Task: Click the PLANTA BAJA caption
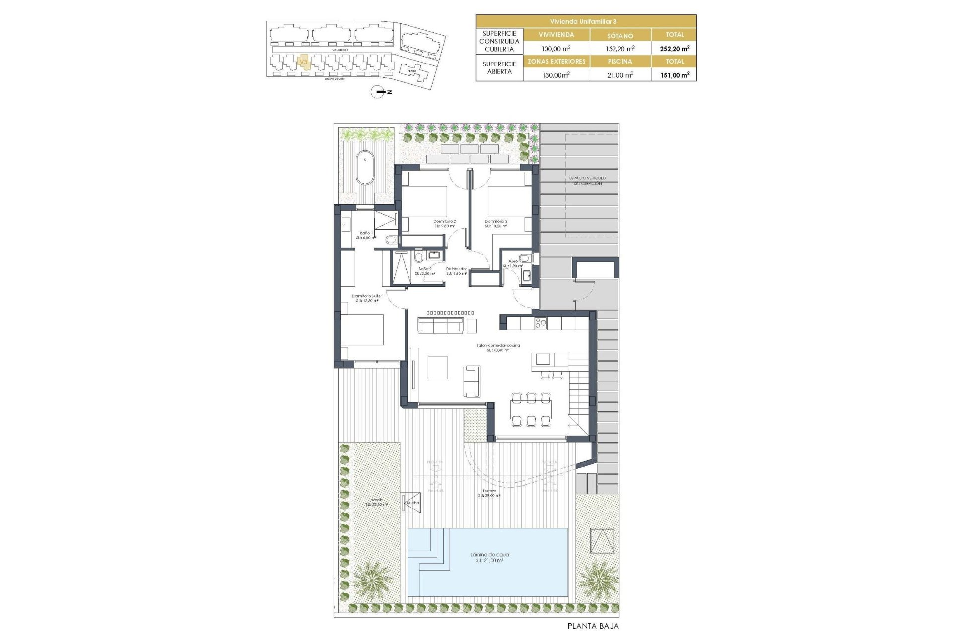593,626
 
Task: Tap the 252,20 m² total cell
674,49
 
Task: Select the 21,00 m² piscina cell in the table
620,75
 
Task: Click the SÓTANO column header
620,35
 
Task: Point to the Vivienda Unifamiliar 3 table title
586,21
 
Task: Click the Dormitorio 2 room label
444,223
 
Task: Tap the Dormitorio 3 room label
496,223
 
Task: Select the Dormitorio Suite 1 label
367,298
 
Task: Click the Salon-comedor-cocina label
498,347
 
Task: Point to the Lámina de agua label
489,557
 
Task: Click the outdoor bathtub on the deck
365,167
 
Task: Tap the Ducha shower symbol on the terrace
411,503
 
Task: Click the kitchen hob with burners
540,323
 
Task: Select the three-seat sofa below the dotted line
440,326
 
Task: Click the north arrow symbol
378,92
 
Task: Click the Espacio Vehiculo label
587,180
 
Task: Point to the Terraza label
489,493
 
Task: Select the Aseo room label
513,263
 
